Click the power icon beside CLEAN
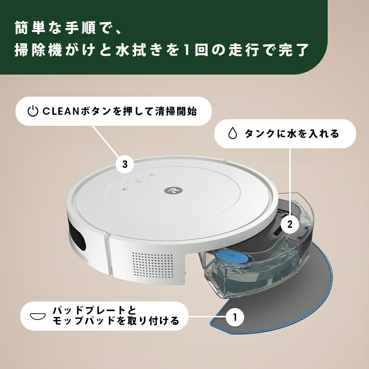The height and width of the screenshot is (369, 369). tap(33, 111)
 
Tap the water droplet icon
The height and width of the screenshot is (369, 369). tap(232, 134)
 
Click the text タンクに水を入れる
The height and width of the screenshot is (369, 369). tap(292, 134)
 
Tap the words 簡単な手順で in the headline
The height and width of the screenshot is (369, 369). tap(61, 28)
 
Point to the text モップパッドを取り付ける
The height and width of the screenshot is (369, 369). tap(116, 321)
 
